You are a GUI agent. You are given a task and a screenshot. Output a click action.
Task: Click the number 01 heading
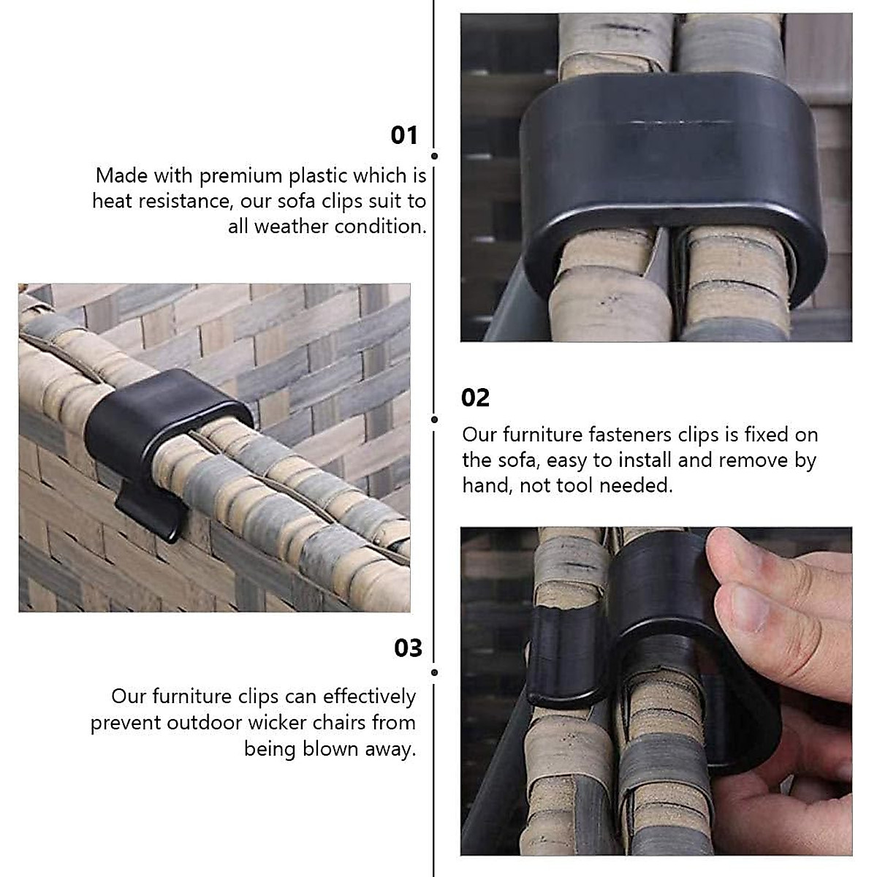tap(404, 135)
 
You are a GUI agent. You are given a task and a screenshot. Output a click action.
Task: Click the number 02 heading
tap(475, 398)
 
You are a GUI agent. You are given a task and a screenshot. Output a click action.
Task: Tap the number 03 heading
tap(408, 648)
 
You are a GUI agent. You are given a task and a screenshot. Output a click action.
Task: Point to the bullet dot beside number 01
tap(435, 156)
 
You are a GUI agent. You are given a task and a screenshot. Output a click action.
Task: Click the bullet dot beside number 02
tap(435, 419)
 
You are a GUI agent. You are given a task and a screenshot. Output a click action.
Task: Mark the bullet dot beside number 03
tap(435, 672)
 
